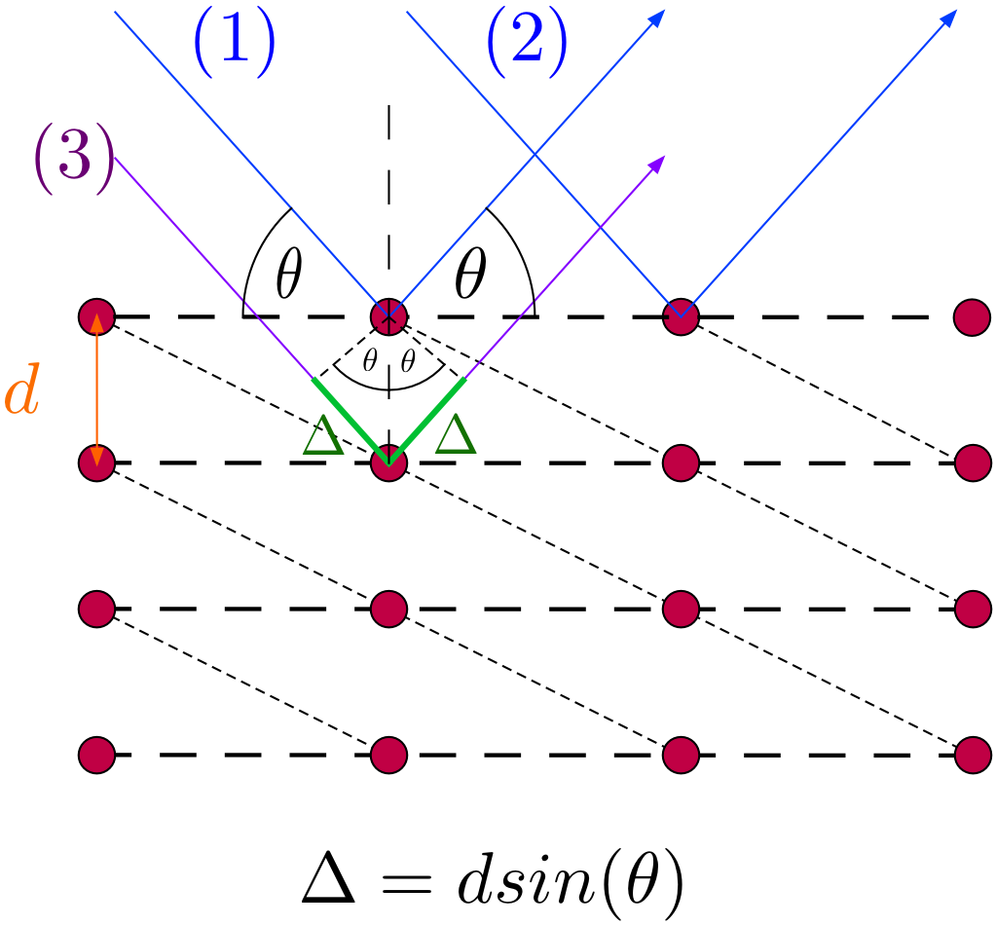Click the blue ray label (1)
coord(235,42)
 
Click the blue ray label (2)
coord(527,42)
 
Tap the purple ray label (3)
coord(74,158)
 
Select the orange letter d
coord(22,389)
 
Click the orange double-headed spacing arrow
coord(96,390)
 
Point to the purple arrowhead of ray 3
coord(657,164)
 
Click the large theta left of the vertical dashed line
coord(289,274)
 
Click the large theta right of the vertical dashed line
coord(470,274)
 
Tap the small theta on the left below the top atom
coord(370,361)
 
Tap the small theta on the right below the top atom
coord(409,361)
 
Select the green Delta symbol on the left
coord(323,435)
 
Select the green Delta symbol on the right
coord(456,434)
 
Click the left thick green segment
coord(350,421)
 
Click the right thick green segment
coord(427,421)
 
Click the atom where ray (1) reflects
coord(388,316)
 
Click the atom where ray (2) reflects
coord(681,316)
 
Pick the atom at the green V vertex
coord(388,463)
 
